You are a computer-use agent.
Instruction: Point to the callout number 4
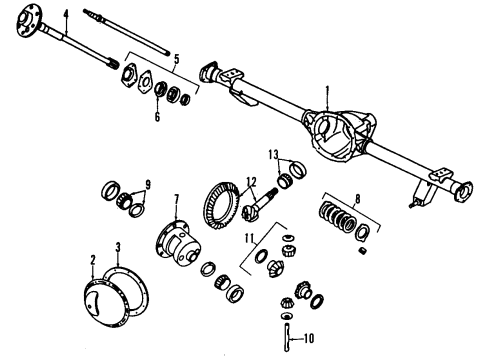point(66,14)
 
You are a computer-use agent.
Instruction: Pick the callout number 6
point(156,115)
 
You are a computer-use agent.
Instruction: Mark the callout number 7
point(176,199)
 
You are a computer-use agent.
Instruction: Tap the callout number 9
point(148,184)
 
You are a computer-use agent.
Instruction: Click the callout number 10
point(309,336)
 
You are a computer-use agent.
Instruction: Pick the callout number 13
point(272,154)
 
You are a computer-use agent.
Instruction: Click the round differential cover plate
point(103,304)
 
